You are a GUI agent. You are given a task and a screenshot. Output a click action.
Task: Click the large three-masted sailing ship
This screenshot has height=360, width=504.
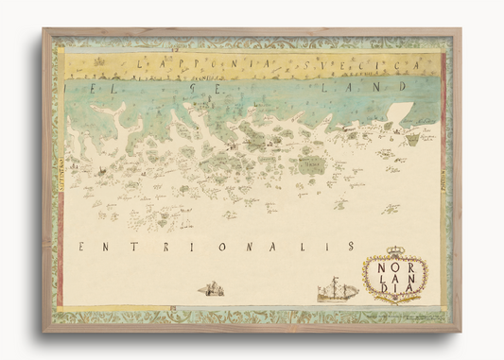coord(337,288)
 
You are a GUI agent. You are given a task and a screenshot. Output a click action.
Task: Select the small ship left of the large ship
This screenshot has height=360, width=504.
coord(211,287)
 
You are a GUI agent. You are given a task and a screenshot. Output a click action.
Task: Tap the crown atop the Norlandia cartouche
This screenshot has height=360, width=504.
coord(395,251)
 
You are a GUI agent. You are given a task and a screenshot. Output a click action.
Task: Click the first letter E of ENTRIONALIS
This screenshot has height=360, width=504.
coord(82,248)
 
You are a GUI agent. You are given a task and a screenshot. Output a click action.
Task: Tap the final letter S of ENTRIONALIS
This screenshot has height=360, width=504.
coord(351,246)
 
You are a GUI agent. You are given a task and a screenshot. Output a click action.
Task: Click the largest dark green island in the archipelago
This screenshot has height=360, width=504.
coord(311,164)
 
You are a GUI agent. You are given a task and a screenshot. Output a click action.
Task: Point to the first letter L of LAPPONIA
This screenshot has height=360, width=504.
coord(141,65)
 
